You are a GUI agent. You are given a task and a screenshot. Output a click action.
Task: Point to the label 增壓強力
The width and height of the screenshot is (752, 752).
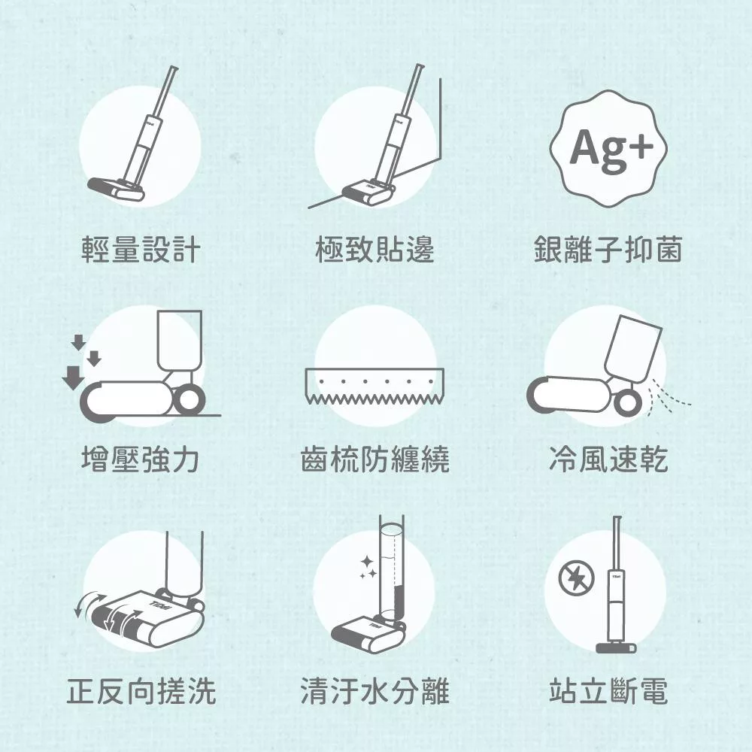pyautogui.click(x=141, y=459)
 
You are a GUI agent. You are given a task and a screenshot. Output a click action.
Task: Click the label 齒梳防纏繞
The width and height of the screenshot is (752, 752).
pyautogui.click(x=374, y=459)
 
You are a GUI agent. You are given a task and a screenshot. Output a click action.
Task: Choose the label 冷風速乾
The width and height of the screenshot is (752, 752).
pyautogui.click(x=608, y=459)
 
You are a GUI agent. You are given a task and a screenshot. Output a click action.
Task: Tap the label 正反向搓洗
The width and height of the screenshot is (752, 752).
pyautogui.click(x=141, y=690)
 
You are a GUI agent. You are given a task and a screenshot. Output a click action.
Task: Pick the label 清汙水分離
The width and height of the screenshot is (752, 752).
pyautogui.click(x=374, y=690)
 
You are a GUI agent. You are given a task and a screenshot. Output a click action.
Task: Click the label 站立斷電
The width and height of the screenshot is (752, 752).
pyautogui.click(x=608, y=690)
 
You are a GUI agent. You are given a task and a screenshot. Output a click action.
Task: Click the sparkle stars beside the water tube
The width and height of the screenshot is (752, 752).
pyautogui.click(x=368, y=567)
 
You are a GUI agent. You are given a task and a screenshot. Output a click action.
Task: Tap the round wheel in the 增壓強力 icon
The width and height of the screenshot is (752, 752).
pyautogui.click(x=189, y=401)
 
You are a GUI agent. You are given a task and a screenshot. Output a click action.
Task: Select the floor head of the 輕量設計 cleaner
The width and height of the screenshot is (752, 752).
pyautogui.click(x=116, y=189)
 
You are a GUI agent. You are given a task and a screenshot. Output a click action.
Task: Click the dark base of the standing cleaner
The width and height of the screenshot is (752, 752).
pyautogui.click(x=616, y=647)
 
